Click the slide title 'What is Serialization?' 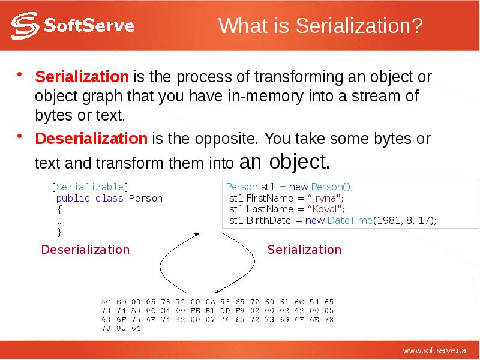(320, 26)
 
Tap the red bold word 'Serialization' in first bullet (82, 77)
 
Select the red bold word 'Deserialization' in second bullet (91, 139)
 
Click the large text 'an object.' (284, 161)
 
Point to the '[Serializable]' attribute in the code (89, 187)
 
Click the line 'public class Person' (109, 198)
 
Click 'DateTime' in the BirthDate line (349, 221)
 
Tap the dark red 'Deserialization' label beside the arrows (85, 250)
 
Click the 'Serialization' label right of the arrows (304, 250)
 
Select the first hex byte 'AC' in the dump (106, 301)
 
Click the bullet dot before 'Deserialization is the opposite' (20, 137)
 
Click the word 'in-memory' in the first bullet (255, 96)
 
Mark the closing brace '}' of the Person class (59, 232)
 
